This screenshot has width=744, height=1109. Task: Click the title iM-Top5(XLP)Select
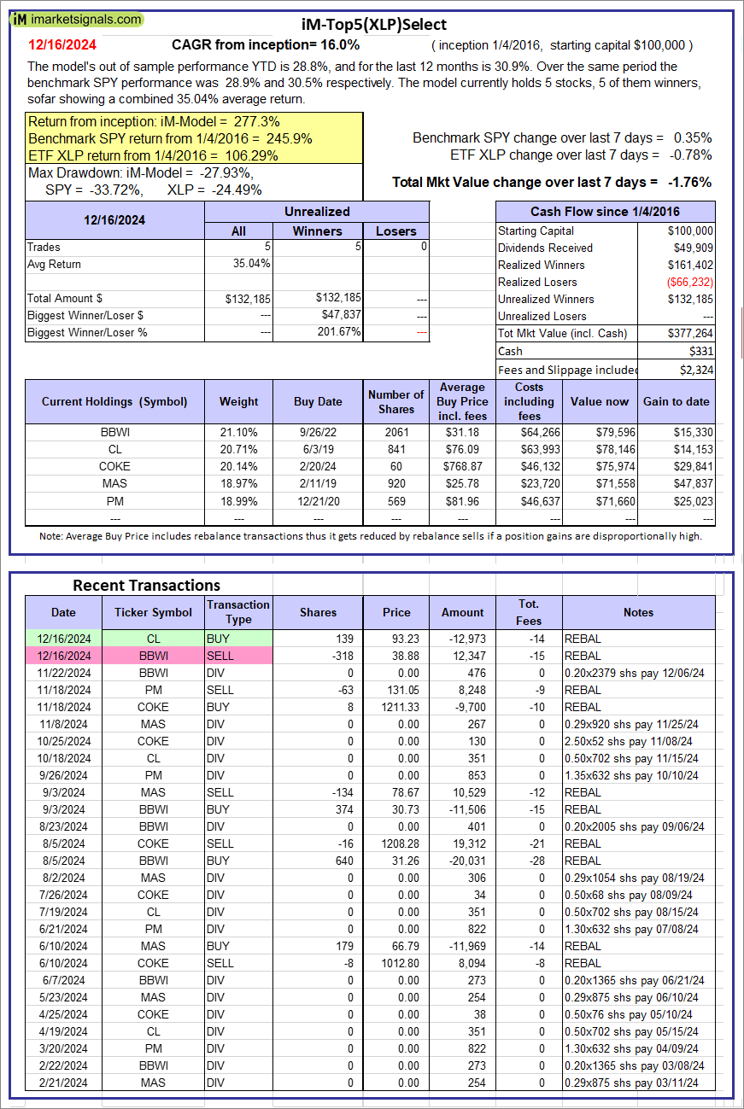tap(374, 25)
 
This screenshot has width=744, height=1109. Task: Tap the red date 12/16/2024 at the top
tap(62, 44)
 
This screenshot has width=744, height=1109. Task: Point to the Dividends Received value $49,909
tap(691, 248)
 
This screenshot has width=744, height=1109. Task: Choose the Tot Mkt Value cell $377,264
tap(691, 334)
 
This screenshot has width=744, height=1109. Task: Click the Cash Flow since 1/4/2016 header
tap(606, 212)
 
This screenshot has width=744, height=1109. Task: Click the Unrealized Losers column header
tap(396, 231)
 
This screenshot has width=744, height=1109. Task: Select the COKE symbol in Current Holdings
tap(114, 466)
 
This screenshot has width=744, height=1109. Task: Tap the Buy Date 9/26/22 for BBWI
tap(318, 432)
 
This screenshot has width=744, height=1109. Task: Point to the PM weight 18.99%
tap(238, 500)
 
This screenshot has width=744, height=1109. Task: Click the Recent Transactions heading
tap(146, 585)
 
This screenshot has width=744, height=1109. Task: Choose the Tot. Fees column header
tap(529, 612)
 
